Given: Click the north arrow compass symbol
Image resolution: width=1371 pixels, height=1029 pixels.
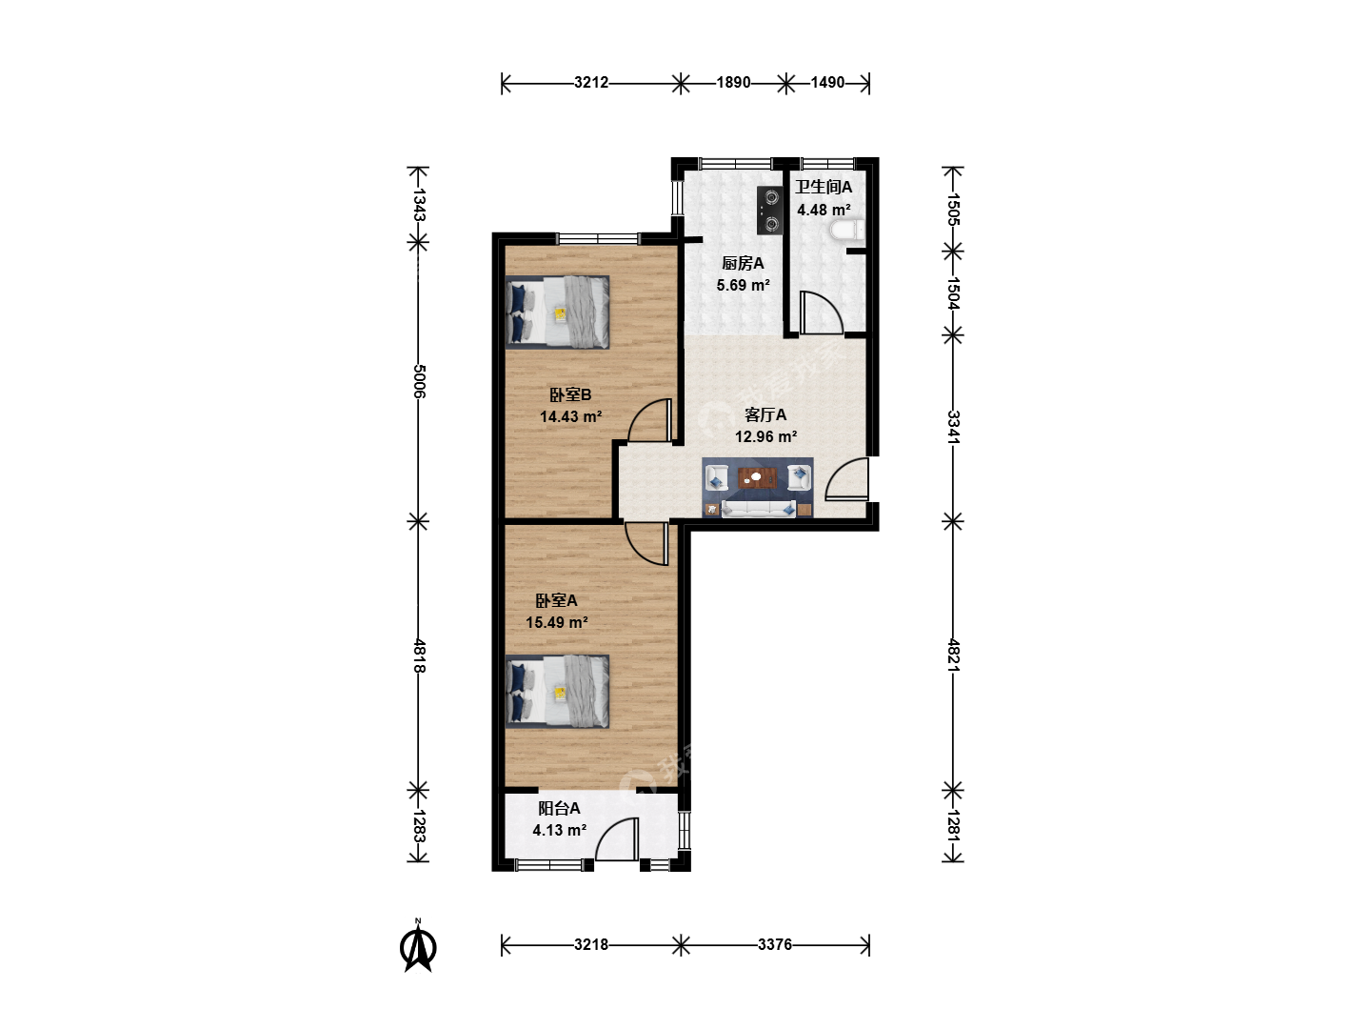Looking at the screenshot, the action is point(418,946).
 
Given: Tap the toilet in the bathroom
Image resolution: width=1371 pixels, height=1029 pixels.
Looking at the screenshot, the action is point(847,231).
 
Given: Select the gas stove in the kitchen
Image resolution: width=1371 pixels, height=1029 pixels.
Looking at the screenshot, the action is point(770,211).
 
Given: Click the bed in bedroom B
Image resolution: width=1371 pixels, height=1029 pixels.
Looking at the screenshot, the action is point(557,312).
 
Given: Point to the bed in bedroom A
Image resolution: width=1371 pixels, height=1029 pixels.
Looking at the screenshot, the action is point(557,692).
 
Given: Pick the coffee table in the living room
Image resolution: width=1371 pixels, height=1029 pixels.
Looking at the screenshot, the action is point(757,478).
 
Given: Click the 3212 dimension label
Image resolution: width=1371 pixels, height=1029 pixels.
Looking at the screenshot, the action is point(591,83).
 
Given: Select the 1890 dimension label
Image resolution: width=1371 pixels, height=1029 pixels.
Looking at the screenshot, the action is point(733,83).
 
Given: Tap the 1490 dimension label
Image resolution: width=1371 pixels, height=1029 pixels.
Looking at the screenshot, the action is point(827,83).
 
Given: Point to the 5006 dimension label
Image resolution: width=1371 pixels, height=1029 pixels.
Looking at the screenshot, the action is point(419,381).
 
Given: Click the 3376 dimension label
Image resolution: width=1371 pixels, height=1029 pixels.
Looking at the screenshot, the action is point(774,944).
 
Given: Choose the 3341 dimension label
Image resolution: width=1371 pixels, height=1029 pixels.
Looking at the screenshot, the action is point(953,428).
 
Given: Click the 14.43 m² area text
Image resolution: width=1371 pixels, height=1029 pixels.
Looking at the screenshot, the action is point(571,416).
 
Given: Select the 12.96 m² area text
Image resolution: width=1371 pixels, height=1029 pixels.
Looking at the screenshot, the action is point(765,436).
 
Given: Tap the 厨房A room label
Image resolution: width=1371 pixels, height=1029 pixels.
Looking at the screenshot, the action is point(743,264).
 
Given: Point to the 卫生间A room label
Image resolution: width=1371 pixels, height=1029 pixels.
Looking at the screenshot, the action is point(824,187).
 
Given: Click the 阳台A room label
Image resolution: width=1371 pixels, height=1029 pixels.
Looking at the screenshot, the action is point(559,809).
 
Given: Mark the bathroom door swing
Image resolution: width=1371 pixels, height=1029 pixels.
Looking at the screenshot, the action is point(822,313).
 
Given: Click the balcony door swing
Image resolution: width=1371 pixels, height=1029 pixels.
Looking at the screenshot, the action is point(617,839).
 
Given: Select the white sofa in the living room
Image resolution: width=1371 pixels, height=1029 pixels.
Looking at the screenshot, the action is point(758,508).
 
